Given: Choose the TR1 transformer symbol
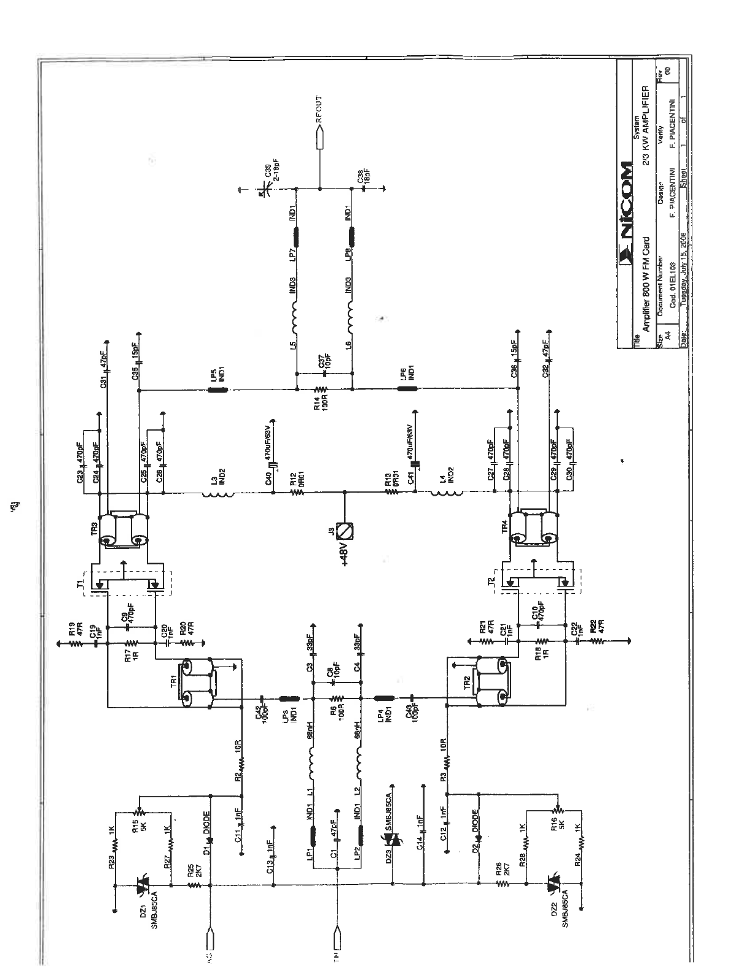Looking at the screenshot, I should tap(198, 681).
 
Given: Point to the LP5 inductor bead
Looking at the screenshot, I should tap(217, 389).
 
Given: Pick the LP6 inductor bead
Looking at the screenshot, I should tap(407, 389).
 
